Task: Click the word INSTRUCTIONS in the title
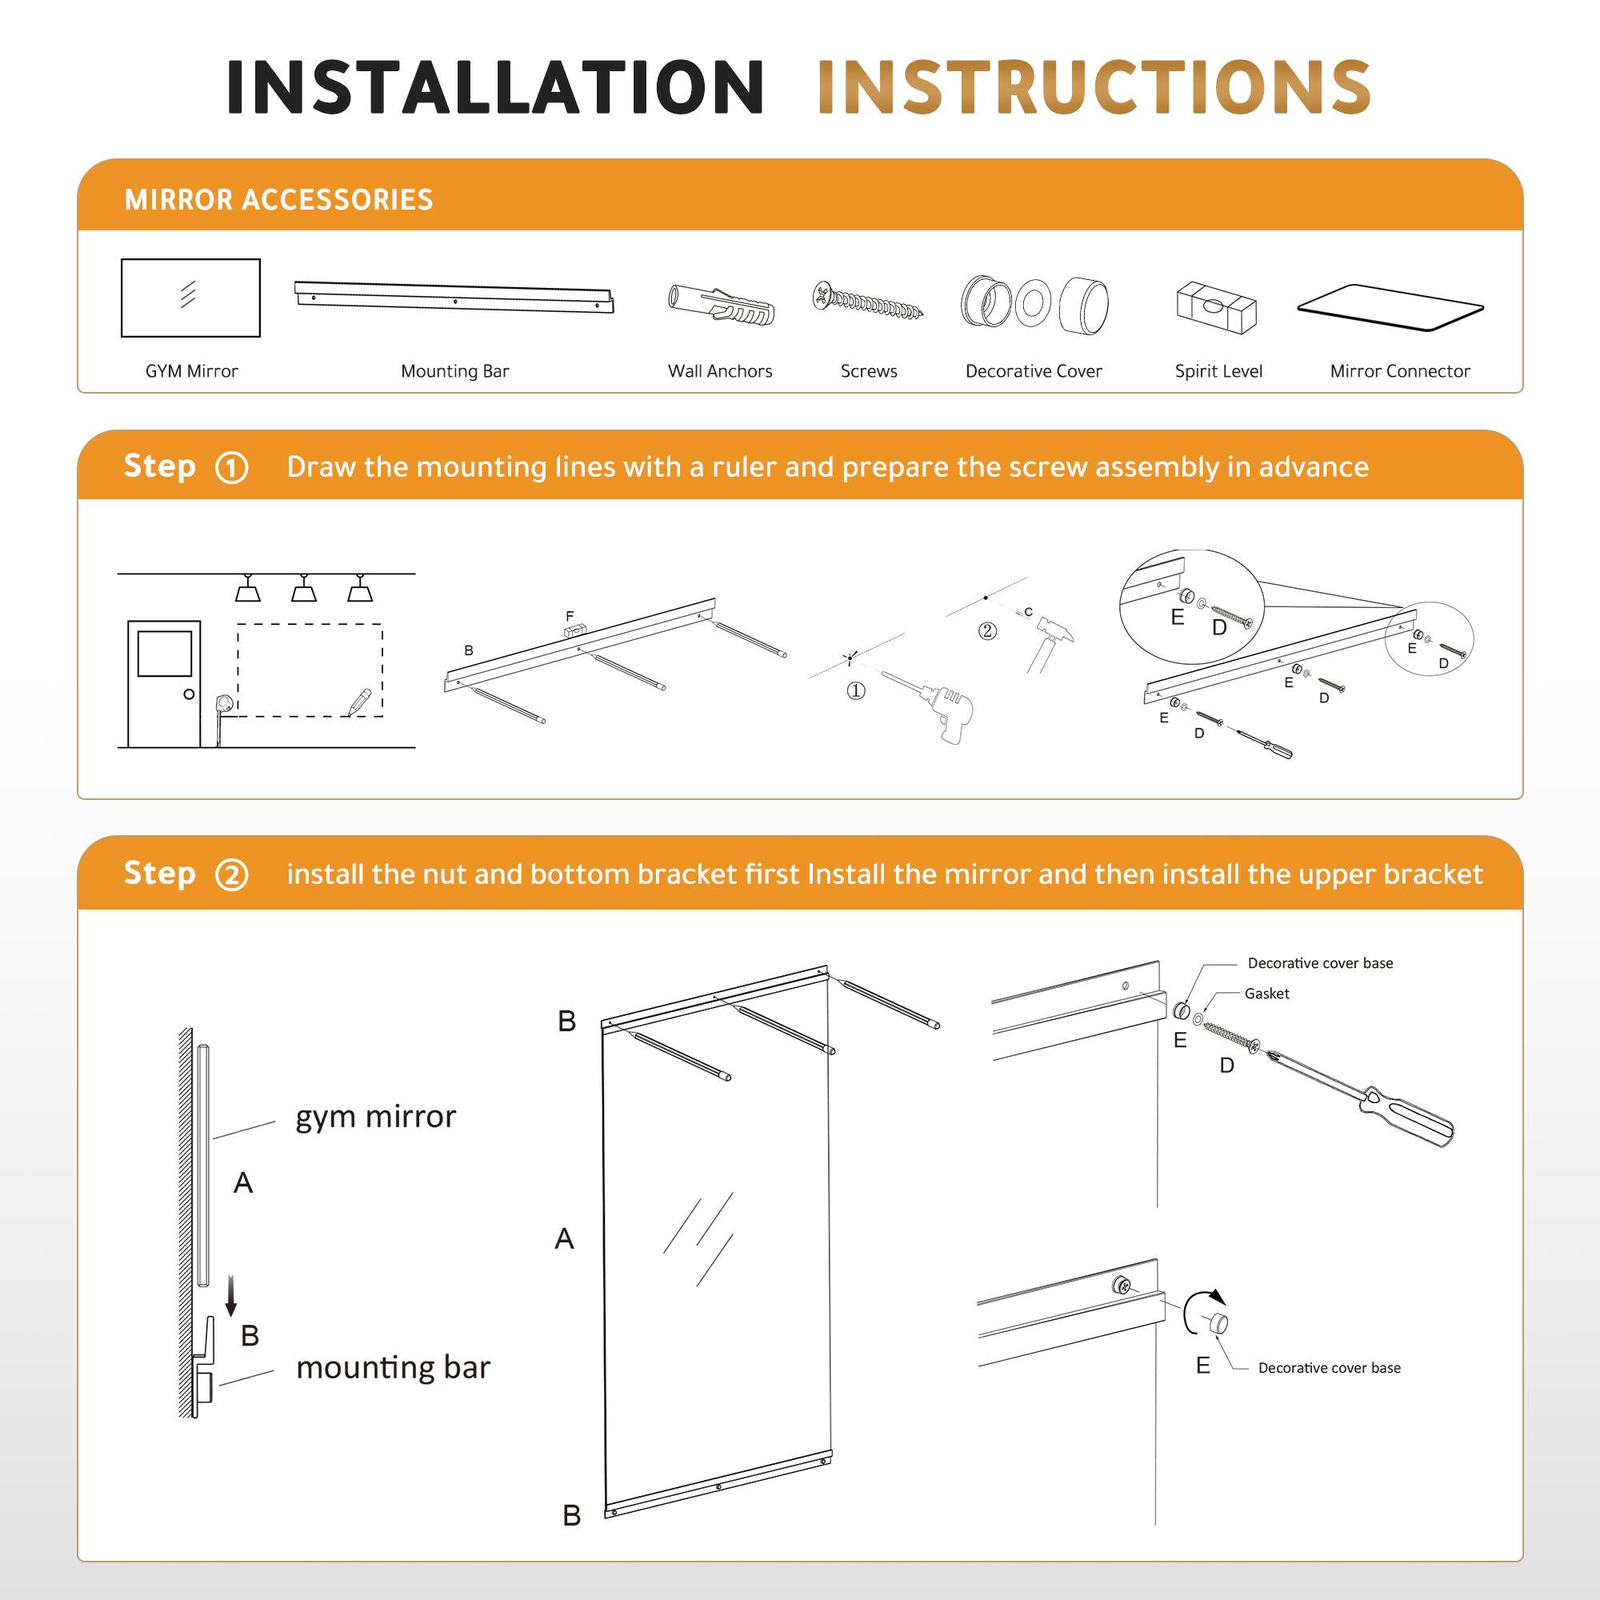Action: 1093,87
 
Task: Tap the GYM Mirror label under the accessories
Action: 191,371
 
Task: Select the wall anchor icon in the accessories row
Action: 722,305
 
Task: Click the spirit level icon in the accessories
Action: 1217,306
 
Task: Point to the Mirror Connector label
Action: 1399,371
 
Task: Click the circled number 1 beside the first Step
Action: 231,468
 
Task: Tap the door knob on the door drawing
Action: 189,694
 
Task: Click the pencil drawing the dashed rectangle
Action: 359,702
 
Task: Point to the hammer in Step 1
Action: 1048,642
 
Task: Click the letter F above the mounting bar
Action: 570,616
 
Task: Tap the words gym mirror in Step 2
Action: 375,1117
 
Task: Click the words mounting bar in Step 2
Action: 394,1367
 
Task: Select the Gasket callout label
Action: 1266,994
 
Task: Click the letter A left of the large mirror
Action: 564,1239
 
